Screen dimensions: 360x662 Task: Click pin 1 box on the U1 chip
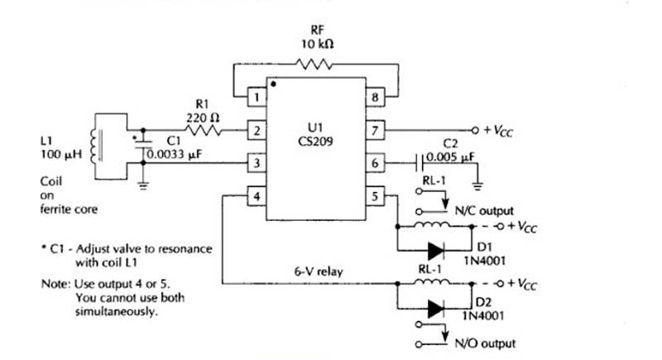[x=257, y=98]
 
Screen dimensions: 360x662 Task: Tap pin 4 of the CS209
[x=257, y=196]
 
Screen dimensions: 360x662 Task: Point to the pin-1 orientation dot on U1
[x=273, y=84]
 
